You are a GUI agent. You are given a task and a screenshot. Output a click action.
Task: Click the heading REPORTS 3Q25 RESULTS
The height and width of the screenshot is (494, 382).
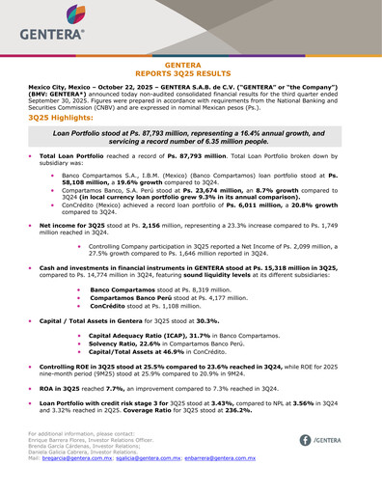(x=190, y=73)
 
